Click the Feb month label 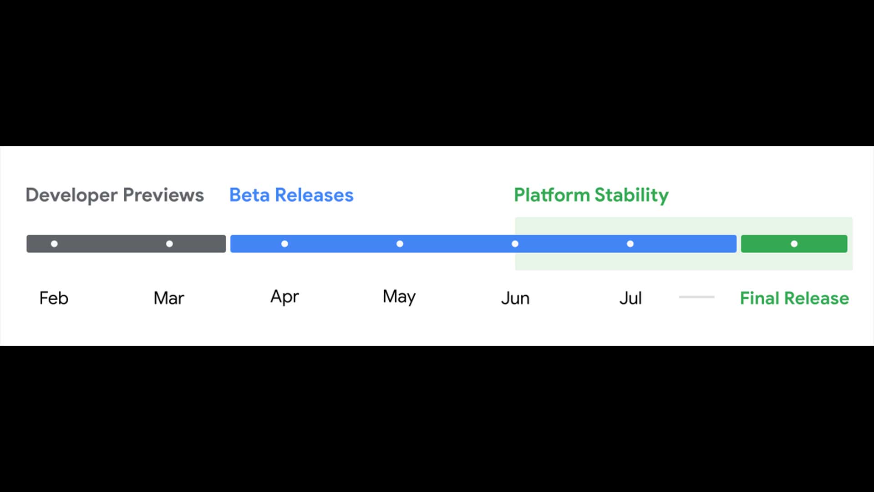[x=54, y=298]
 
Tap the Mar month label [x=169, y=298]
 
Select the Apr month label [x=285, y=297]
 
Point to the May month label [x=399, y=297]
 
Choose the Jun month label [x=515, y=298]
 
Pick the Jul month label [x=630, y=298]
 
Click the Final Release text [x=794, y=298]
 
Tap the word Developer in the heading [x=71, y=195]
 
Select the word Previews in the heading [x=163, y=195]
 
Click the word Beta [x=249, y=195]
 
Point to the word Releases [x=314, y=195]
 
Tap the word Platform [x=552, y=195]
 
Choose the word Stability [x=632, y=195]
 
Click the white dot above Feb [x=54, y=244]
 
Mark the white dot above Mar [x=169, y=244]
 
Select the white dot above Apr [x=285, y=244]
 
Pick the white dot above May [x=400, y=244]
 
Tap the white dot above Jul [x=630, y=244]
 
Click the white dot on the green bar [x=794, y=244]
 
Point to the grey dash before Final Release [x=696, y=297]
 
